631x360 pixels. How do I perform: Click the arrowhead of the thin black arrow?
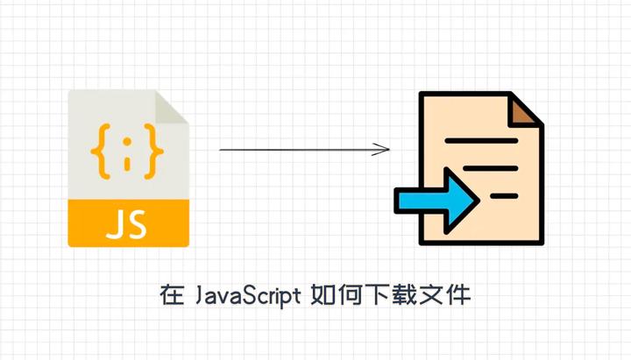tap(383, 150)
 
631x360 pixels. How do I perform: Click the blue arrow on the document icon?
tap(436, 201)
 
